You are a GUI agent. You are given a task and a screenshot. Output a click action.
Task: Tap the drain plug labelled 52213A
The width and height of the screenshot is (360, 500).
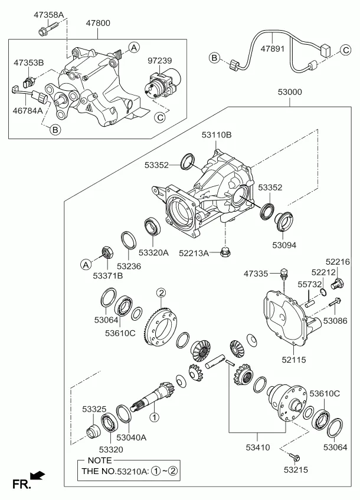[224, 254]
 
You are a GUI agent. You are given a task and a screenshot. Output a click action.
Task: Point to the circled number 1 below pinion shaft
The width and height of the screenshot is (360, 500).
[155, 417]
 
